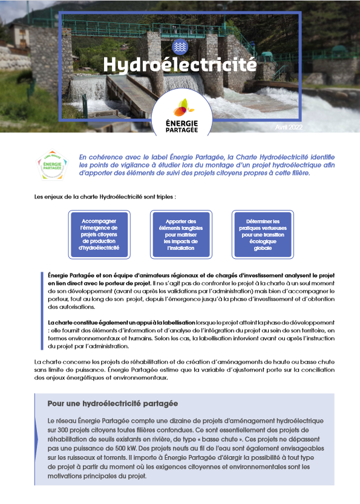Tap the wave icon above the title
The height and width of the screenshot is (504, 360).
[180, 46]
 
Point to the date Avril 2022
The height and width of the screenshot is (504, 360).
[289, 128]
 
